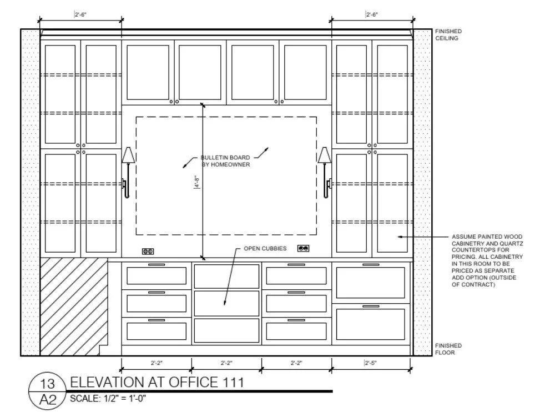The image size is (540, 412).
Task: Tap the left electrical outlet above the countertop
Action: (148, 251)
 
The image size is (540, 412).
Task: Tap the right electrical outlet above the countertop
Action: (303, 248)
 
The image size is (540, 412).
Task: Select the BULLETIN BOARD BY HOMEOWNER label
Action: (225, 161)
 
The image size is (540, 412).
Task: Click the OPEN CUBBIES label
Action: (265, 249)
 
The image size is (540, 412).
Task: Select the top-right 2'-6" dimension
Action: (372, 15)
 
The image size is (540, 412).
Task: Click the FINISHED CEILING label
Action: (448, 35)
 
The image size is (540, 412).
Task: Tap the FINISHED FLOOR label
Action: (448, 349)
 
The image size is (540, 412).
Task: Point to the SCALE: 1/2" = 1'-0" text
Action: (108, 398)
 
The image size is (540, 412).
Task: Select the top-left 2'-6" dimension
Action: (80, 15)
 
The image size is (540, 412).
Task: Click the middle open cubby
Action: (226, 303)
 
